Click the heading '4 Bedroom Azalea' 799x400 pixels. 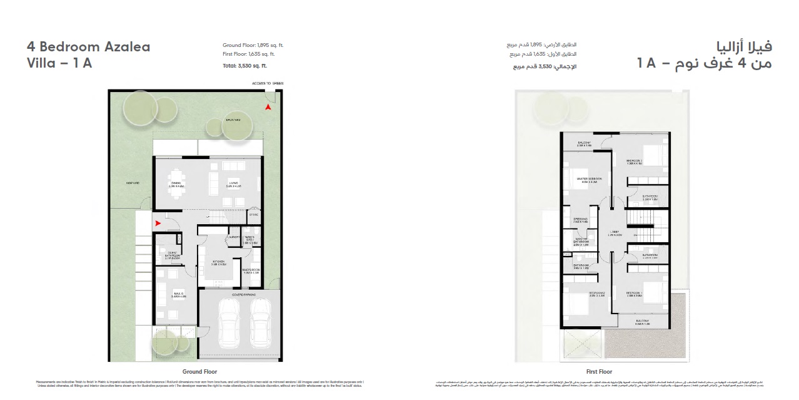88,47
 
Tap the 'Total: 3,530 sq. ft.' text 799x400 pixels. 244,66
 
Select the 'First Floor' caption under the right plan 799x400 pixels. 598,371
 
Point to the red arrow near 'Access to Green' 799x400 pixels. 268,108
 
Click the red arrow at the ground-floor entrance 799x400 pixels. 158,222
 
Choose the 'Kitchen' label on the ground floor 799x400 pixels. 219,264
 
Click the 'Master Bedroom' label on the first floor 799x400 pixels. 589,180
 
